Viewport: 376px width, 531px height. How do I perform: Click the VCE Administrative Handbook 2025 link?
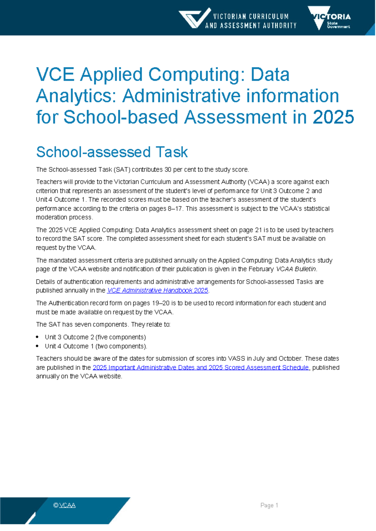[158, 291]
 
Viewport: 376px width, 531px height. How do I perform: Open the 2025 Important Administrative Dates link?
[201, 368]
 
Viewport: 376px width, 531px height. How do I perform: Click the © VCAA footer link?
[65, 505]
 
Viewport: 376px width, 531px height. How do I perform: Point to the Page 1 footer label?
[269, 505]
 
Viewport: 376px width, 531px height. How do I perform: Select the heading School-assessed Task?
[112, 152]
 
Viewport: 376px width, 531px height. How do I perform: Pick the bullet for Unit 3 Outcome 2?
[37, 337]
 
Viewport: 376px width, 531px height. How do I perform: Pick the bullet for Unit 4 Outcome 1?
[37, 346]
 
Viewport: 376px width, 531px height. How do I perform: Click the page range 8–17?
[175, 209]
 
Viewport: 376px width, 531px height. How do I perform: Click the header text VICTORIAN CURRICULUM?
[251, 16]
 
